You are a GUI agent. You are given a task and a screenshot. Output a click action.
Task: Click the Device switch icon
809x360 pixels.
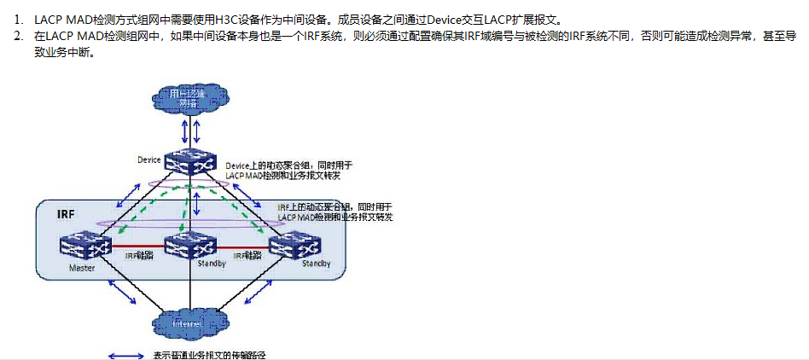click(x=189, y=160)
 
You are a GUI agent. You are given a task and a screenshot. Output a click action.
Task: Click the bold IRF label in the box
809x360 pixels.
click(x=66, y=213)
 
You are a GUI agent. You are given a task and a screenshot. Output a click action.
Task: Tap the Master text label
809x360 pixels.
click(x=81, y=267)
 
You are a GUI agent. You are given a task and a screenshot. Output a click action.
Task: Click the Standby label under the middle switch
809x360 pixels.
click(x=212, y=264)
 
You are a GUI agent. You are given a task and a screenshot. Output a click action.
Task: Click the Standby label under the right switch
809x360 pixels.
click(x=316, y=264)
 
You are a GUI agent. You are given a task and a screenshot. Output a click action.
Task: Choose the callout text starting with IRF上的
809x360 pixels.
click(x=335, y=212)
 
